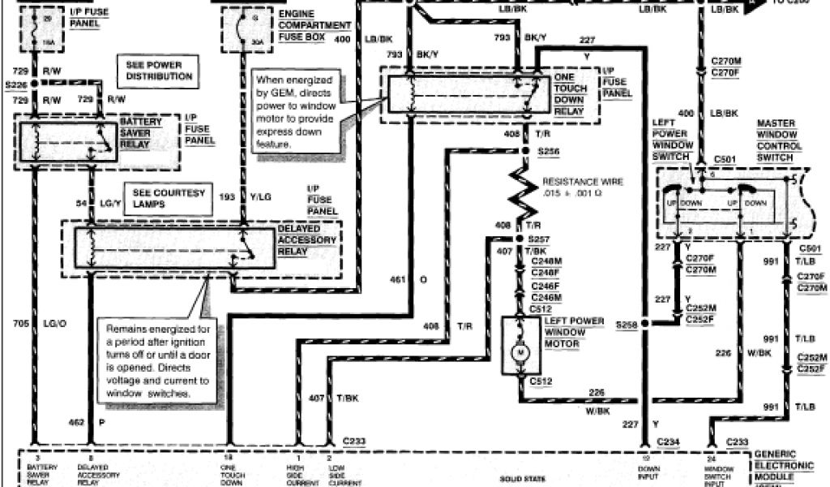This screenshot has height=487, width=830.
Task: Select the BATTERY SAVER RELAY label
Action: click(143, 131)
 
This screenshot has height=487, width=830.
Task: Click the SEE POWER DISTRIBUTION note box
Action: click(160, 71)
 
